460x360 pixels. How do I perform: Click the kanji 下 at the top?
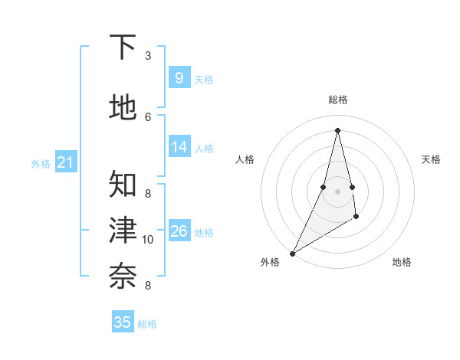click(123, 47)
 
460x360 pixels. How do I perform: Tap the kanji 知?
click(123, 184)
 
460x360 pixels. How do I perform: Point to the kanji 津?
click(123, 230)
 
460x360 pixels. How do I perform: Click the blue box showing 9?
click(179, 78)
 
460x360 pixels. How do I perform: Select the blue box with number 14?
click(179, 148)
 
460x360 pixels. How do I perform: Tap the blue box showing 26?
click(179, 231)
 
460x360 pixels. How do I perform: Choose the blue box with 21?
click(65, 162)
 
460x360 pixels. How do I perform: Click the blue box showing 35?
click(123, 322)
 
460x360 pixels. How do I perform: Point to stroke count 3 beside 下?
click(148, 56)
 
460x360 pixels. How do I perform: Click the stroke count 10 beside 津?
click(148, 240)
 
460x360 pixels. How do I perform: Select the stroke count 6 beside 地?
click(148, 116)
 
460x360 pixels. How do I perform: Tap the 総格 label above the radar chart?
click(337, 100)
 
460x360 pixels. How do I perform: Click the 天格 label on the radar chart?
click(431, 159)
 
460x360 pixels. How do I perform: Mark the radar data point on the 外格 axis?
click(292, 253)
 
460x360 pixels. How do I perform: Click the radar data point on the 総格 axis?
click(337, 130)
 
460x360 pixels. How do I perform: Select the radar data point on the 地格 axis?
click(357, 218)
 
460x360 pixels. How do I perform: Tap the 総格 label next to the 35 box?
click(147, 324)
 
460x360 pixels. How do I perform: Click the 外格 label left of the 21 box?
click(41, 164)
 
